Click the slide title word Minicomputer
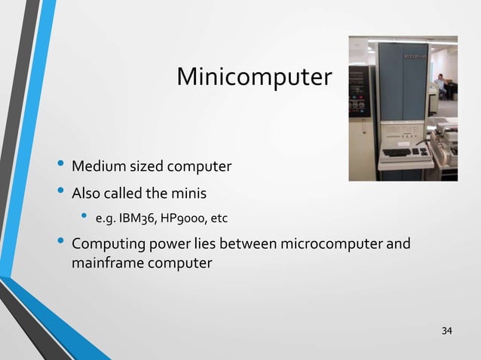click(253, 77)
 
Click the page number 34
click(448, 331)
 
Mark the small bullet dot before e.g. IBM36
click(84, 218)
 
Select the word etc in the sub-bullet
click(219, 219)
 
